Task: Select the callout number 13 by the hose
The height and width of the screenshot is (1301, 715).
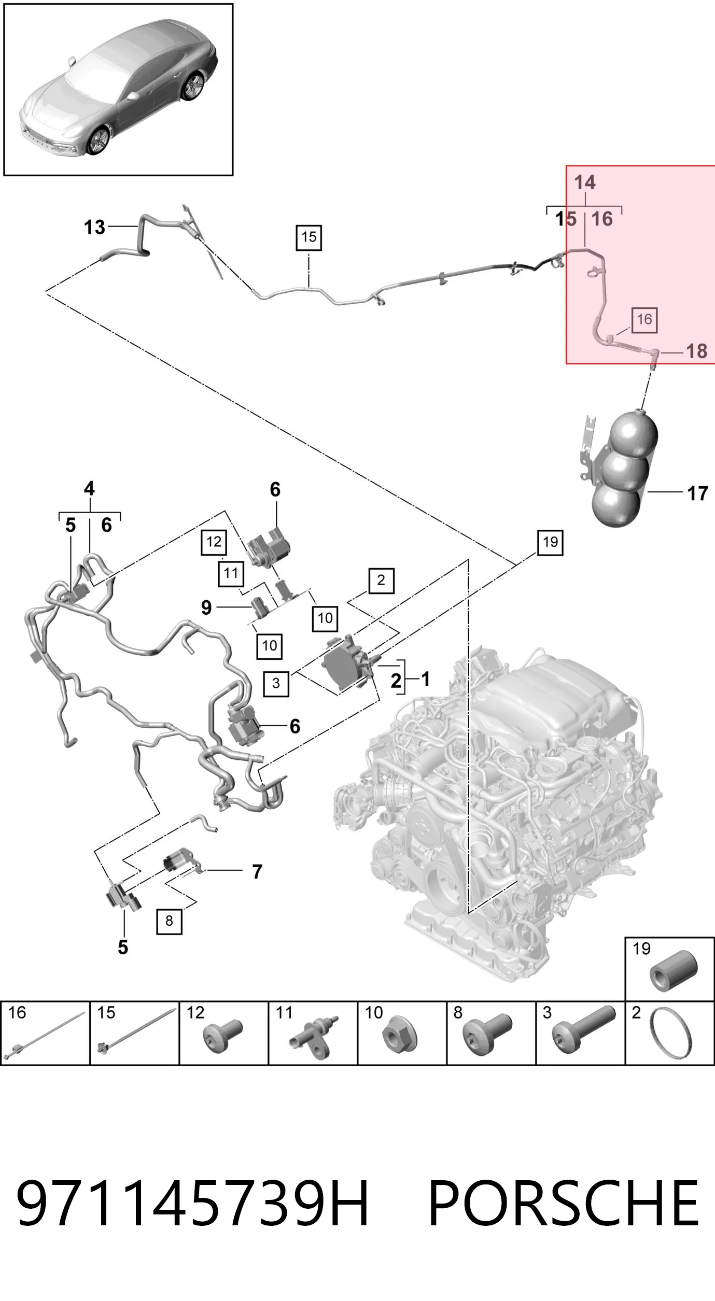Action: [94, 227]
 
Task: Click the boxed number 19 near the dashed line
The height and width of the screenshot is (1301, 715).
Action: [550, 543]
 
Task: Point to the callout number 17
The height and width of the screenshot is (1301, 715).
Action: [697, 493]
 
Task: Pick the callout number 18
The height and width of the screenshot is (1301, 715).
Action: [696, 351]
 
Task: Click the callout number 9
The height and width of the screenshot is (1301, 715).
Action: [206, 607]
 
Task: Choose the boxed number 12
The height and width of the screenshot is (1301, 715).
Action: [214, 542]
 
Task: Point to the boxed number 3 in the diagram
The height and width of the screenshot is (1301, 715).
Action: [276, 684]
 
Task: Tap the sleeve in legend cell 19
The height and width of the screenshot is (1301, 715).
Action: [673, 971]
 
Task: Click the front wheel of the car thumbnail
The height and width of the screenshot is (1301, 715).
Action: [98, 140]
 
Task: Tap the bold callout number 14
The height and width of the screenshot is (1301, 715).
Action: [585, 182]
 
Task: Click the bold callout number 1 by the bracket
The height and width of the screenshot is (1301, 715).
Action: [426, 679]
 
